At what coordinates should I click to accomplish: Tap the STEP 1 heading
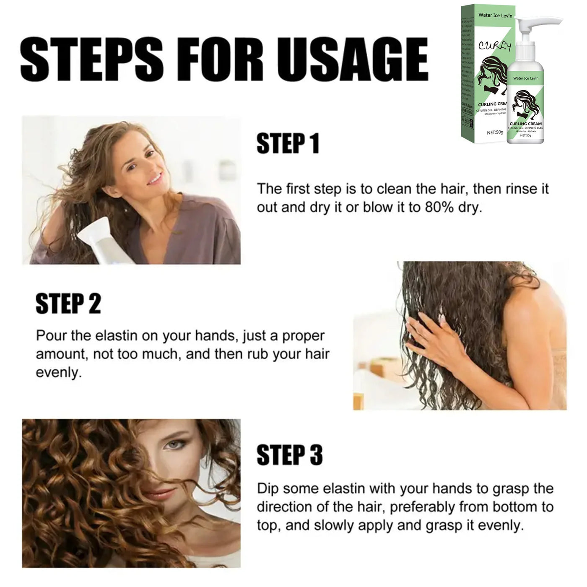coord(288,144)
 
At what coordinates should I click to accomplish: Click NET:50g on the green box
coord(495,132)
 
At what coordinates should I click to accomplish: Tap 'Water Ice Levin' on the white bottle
coord(525,78)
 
